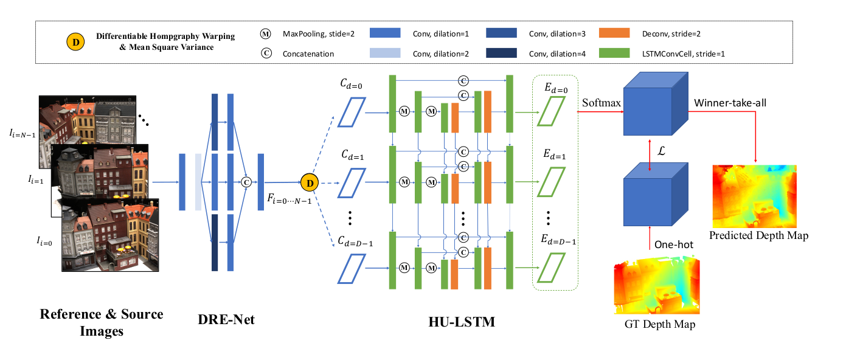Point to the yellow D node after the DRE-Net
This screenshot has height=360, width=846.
coord(310,181)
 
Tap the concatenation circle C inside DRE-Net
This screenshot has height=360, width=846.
coord(247,181)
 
